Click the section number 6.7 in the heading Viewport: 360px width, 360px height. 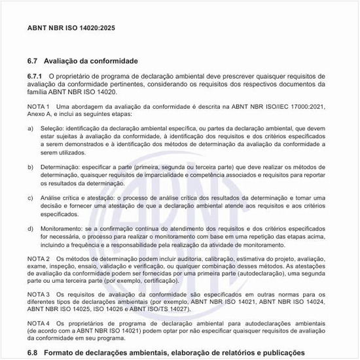point(33,61)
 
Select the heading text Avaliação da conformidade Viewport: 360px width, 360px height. point(91,61)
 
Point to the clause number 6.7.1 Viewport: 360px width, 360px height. point(35,77)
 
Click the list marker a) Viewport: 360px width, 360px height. point(31,129)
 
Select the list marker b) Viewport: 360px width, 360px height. point(31,168)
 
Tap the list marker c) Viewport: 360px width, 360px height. point(31,198)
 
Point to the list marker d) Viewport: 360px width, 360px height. point(31,228)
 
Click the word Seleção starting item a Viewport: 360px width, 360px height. point(53,129)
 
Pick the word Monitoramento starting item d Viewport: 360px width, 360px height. point(63,228)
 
